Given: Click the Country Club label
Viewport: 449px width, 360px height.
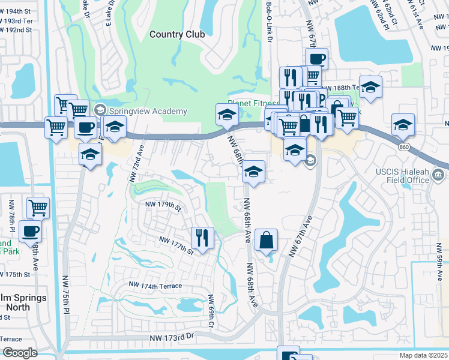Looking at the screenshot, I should (177, 34).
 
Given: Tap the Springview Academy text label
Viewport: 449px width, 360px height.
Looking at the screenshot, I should (148, 111).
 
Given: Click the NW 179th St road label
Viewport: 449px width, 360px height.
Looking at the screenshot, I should (163, 206).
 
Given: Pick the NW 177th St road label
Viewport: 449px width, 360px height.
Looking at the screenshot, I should (175, 245).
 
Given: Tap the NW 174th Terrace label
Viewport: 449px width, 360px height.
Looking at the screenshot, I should (155, 286).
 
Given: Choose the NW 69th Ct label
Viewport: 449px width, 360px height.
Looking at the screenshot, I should (211, 310).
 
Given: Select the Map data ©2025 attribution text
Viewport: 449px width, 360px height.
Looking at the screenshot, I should (423, 355).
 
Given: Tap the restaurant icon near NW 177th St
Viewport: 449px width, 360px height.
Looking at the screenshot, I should (202, 238).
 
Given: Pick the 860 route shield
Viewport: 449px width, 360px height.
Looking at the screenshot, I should (403, 146).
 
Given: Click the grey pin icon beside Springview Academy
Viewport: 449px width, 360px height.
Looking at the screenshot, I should (100, 110).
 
